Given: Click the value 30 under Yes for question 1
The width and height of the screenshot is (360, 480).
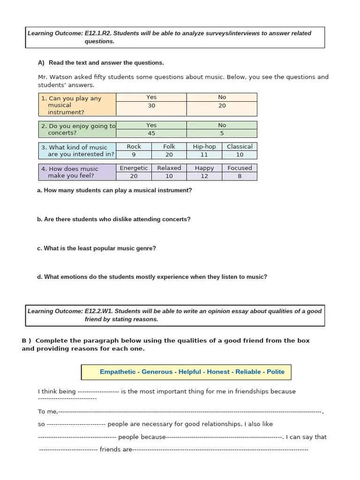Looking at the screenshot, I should tap(151, 106).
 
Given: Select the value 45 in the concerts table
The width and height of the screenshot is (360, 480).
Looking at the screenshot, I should tap(151, 133).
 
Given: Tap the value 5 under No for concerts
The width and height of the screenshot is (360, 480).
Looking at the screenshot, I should tap(222, 133).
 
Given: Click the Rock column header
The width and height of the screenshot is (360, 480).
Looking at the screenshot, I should tap(134, 147).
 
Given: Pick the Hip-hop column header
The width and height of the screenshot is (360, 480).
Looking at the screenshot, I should tap(204, 147).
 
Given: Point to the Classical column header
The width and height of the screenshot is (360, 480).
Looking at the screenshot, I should tap(240, 147).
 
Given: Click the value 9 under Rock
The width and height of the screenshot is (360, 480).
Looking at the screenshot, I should tap(134, 155).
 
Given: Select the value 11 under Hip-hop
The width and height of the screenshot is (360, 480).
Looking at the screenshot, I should tap(204, 155).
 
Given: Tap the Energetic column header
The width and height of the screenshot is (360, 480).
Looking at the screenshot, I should tap(134, 168).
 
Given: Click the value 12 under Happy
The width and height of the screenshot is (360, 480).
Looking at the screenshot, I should tap(204, 176).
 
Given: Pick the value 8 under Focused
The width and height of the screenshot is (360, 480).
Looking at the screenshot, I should tap(240, 176).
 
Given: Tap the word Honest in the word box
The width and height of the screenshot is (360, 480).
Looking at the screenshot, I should tap(218, 372).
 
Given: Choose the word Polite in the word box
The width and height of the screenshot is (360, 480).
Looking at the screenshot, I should tap(276, 372).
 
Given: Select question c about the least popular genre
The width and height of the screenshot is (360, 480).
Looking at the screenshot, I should tap(97, 248).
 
